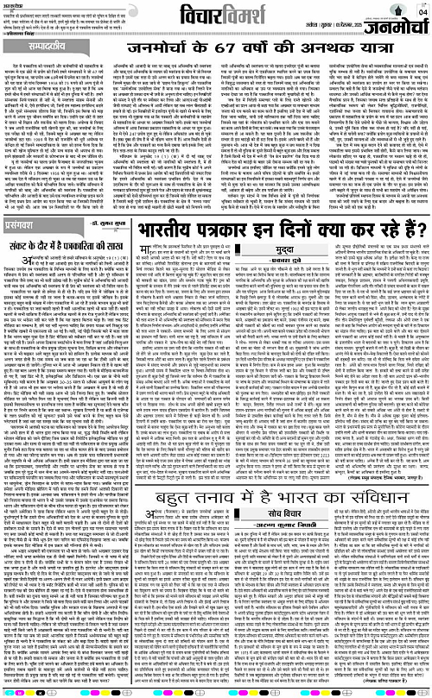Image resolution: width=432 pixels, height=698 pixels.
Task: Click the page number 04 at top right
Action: pyautogui.click(x=421, y=11)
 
